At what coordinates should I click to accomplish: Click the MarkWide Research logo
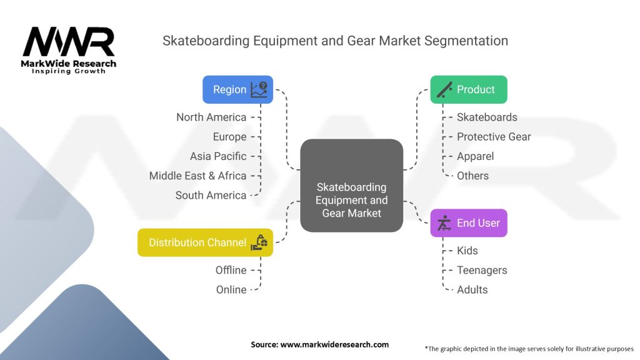(x=69, y=49)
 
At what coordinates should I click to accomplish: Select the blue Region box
(x=237, y=89)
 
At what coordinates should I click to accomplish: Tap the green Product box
(x=469, y=89)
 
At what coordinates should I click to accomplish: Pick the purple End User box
(x=469, y=223)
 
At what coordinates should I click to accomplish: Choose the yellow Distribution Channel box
(x=205, y=242)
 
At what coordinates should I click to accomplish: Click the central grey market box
(x=351, y=186)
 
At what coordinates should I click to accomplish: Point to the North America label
(x=211, y=117)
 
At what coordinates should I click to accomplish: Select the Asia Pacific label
(x=218, y=156)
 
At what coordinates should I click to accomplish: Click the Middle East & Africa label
(x=197, y=176)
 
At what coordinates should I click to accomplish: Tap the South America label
(x=211, y=195)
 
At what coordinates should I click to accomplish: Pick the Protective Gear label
(x=494, y=137)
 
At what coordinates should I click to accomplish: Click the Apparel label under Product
(x=475, y=156)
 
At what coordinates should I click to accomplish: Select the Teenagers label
(x=482, y=270)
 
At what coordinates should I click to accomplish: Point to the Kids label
(x=467, y=251)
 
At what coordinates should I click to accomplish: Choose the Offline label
(x=231, y=270)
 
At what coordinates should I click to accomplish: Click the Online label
(x=231, y=289)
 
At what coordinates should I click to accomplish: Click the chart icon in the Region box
(x=259, y=89)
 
